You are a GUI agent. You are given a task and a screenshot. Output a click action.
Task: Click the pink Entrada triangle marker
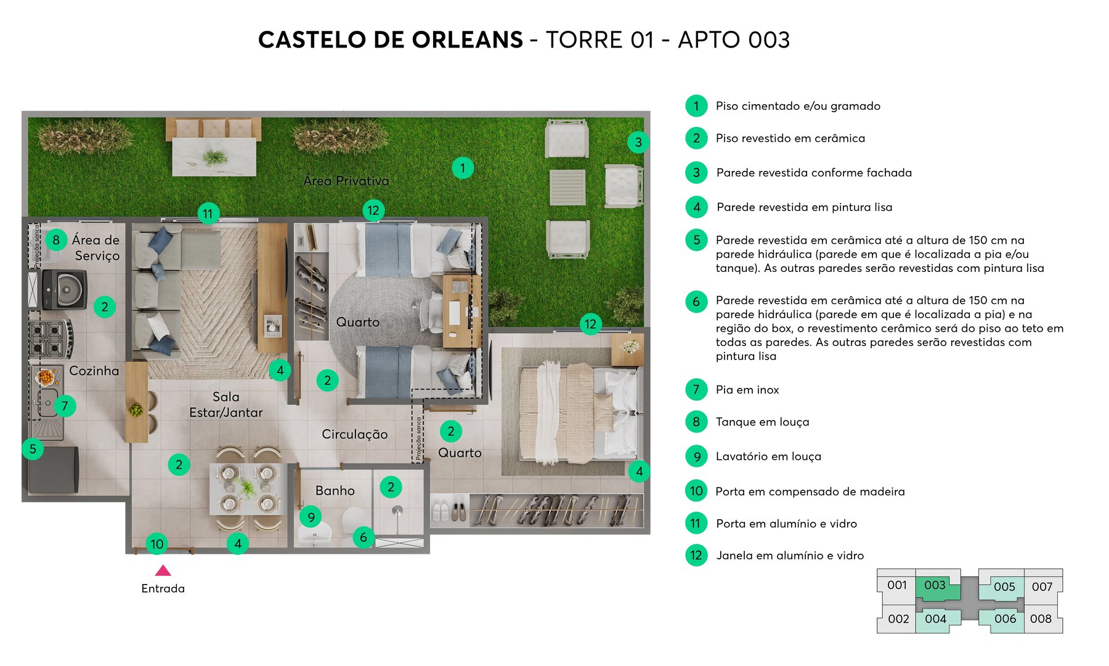(163, 570)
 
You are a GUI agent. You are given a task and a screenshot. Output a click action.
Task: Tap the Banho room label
(335, 491)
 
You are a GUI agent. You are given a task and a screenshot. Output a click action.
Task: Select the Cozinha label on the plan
(94, 371)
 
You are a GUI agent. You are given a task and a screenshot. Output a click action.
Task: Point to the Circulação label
(354, 434)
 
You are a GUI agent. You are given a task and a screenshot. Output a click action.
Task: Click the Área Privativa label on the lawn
(346, 181)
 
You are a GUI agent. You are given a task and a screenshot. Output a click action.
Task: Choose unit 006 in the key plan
(1005, 619)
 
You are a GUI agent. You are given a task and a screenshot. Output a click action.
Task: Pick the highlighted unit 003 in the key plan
(935, 585)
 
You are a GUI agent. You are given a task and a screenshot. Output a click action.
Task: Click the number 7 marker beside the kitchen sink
(65, 405)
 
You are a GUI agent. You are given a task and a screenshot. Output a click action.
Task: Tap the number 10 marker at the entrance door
(157, 544)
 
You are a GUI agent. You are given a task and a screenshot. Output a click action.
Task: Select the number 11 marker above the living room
(208, 214)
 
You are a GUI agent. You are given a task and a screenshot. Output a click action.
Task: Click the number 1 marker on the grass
(462, 167)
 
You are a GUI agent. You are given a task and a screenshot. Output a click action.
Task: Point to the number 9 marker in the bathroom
(311, 517)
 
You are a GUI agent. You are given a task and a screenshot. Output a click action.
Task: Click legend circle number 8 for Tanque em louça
(696, 422)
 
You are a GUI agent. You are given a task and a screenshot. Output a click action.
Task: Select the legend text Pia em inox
(747, 390)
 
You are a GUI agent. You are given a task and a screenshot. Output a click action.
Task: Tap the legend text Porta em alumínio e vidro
(786, 524)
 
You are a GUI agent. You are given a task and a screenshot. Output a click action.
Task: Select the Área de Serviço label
(95, 247)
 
